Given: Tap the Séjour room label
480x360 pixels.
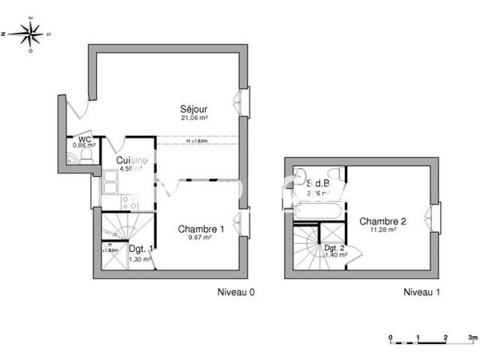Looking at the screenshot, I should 195,109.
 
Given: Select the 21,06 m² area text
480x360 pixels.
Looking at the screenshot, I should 195,118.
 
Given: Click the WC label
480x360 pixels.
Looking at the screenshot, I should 83,138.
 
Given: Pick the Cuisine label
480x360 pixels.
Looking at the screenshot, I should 131,160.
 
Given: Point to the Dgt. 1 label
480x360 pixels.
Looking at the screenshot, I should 141,250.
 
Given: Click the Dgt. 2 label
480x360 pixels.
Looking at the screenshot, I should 335,249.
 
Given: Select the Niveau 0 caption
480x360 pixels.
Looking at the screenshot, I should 236,293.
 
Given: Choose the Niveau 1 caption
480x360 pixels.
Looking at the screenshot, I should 422,293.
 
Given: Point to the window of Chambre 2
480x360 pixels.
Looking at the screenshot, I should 436,218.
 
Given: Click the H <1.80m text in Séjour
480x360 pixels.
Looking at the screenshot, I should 197,142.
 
